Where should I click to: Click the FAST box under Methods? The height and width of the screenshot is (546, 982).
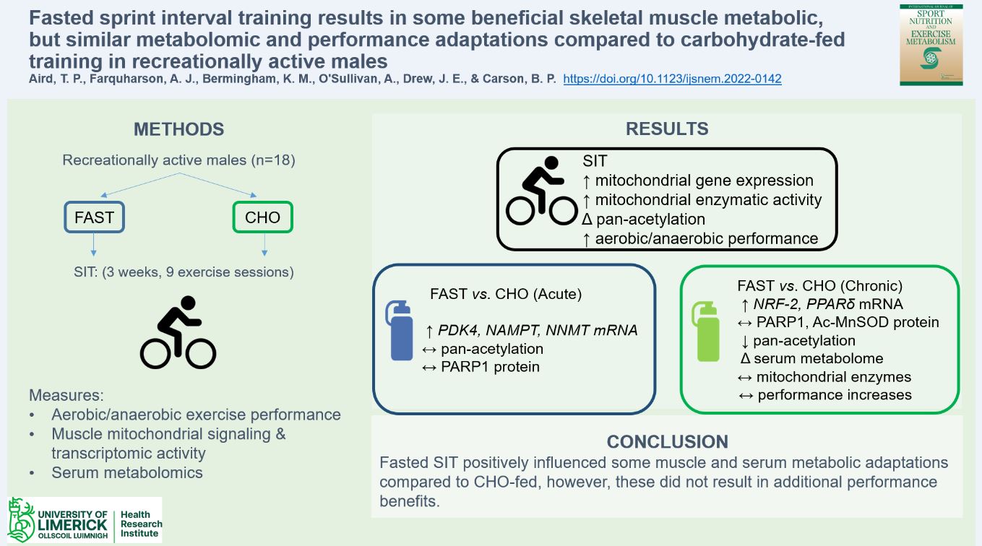[95, 217]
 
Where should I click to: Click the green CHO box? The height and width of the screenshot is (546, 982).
[262, 217]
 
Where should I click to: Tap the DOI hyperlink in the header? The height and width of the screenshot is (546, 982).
[672, 79]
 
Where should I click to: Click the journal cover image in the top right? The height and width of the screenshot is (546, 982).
[931, 45]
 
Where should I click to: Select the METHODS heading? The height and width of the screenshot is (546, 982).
[178, 129]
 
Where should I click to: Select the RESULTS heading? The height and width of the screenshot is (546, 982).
[666, 129]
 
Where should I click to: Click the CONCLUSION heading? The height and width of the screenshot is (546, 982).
[666, 441]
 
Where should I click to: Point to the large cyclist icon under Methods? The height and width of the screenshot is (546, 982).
[178, 332]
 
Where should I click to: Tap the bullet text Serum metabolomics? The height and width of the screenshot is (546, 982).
[126, 473]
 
